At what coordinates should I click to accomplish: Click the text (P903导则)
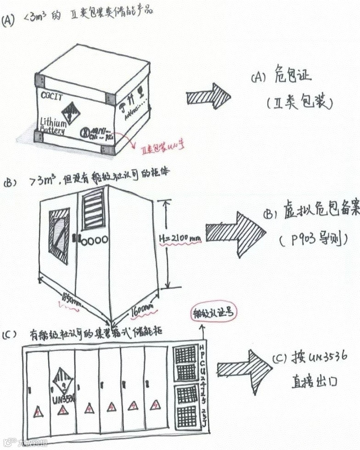(x=312, y=240)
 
